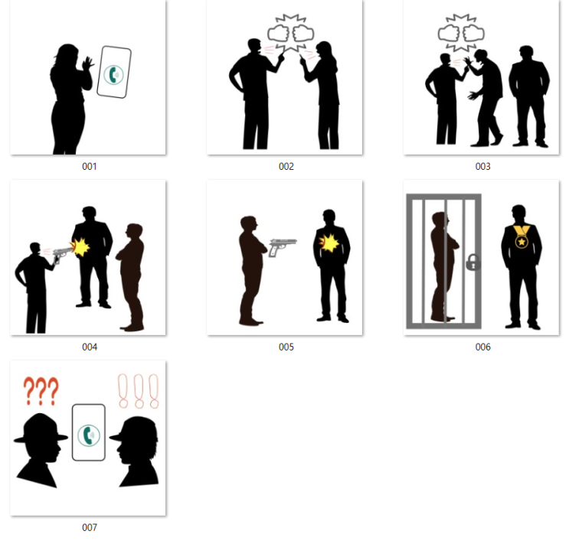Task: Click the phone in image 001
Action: (114, 72)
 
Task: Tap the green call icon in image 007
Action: (89, 435)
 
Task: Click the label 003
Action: (482, 167)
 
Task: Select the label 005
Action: (286, 347)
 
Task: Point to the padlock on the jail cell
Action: (473, 262)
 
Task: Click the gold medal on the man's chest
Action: (522, 236)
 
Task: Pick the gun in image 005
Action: (283, 247)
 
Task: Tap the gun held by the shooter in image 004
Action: (63, 255)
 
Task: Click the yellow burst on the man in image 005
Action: (329, 243)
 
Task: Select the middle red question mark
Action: (41, 391)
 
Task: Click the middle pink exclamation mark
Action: (139, 391)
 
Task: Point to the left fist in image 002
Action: (278, 34)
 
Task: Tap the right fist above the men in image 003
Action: (473, 34)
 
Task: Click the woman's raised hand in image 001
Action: (88, 64)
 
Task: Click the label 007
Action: (90, 527)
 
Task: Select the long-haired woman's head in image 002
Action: (324, 51)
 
